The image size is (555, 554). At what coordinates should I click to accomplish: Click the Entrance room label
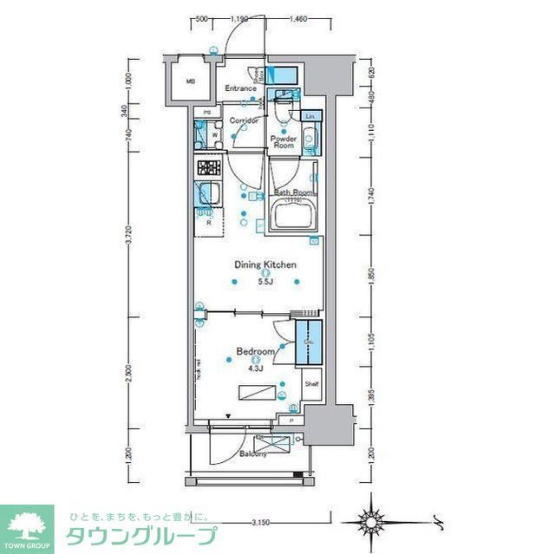tap(240, 88)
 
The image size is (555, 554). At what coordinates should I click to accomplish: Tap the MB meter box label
tap(190, 83)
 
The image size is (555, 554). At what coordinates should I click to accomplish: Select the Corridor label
tap(245, 121)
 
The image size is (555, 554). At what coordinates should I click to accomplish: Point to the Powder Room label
tap(284, 142)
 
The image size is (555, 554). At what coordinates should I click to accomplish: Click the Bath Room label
tap(292, 192)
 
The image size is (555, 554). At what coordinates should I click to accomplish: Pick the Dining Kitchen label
tap(265, 264)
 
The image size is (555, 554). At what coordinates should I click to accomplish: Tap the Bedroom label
tap(256, 351)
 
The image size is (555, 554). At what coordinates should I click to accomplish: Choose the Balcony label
tap(253, 453)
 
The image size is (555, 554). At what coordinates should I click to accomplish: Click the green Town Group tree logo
tap(26, 524)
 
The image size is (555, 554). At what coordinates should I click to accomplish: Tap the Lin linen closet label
tap(311, 115)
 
